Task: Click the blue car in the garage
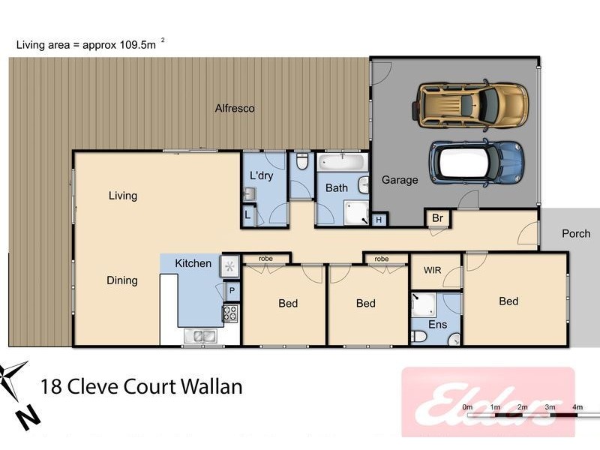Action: pos(475,161)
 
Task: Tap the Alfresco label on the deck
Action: pos(235,109)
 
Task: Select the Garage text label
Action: pos(400,180)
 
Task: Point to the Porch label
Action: pos(576,234)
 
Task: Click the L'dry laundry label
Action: pos(261,175)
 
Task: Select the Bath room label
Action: pos(336,188)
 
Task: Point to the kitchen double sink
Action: pos(202,337)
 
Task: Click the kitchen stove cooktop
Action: pos(230,313)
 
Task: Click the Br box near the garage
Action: pos(436,218)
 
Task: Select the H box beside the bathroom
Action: pos(379,220)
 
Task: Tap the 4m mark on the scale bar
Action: pos(577,407)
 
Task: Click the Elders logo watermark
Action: pos(487,401)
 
